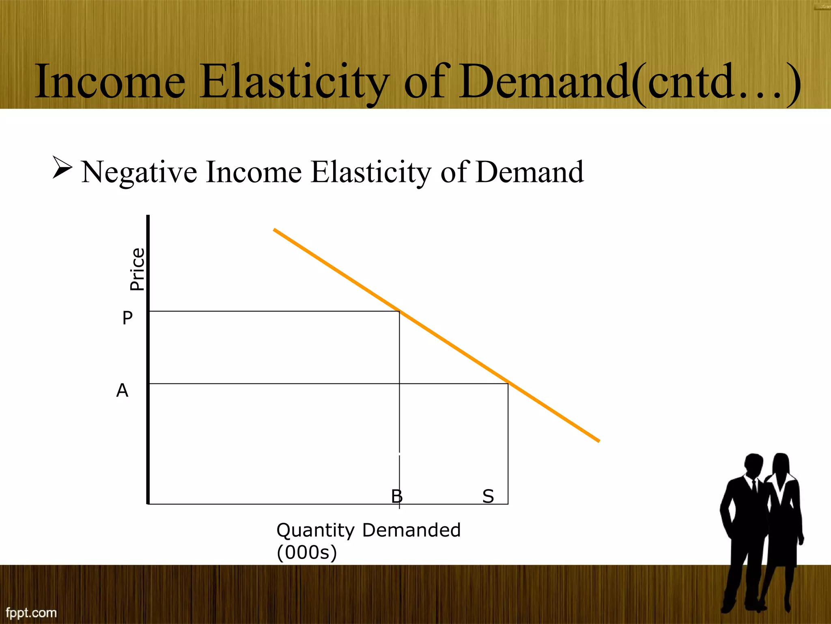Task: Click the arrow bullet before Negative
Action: point(62,167)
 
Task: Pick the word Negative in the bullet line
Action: point(139,172)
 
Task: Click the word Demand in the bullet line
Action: point(530,172)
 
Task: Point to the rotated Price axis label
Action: point(137,269)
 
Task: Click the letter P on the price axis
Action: point(127,318)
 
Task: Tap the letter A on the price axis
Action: point(122,390)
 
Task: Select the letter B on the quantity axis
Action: point(396,496)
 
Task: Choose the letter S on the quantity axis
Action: point(488,496)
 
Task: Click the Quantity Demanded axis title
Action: point(368,530)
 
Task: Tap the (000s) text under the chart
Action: point(307,552)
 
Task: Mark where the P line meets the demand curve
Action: point(400,311)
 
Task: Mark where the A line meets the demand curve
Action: point(508,383)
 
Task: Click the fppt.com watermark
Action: point(31,613)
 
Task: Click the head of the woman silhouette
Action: point(781,464)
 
